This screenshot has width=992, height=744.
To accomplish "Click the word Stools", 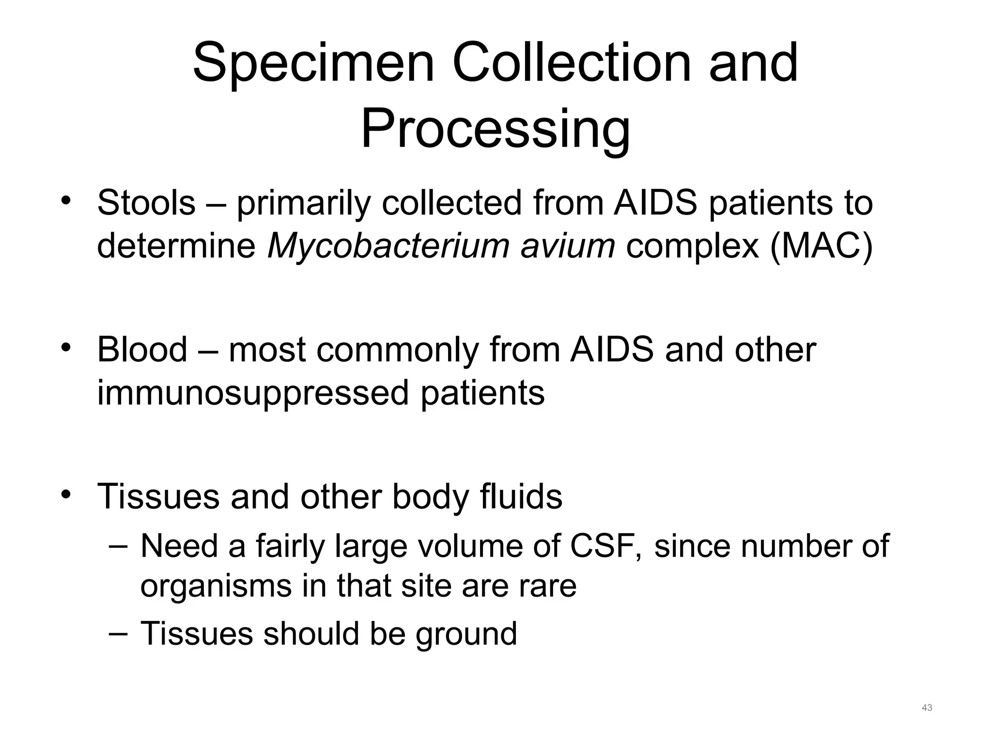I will coord(146,202).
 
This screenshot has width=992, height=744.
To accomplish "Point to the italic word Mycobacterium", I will coord(388,246).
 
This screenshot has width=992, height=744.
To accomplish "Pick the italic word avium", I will coord(567,246).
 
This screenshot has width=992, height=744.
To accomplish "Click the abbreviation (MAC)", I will coord(821,246).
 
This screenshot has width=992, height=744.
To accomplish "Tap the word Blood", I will coord(142,349).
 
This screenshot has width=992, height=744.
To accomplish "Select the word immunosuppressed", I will coord(253,393).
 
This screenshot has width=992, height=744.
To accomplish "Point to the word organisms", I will coord(216,586).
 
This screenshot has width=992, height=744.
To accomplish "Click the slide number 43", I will coord(927,708).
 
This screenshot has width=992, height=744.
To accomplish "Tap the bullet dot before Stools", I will coord(66,201).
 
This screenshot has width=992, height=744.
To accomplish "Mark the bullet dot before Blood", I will coord(66,347).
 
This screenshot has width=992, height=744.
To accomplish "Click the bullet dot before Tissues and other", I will coord(66,494).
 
